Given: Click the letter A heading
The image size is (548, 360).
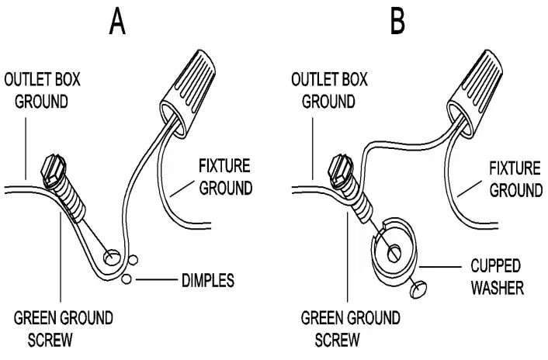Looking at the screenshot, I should [117, 23].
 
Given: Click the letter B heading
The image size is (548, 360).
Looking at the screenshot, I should [397, 23].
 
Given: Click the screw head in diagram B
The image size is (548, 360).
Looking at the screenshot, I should [342, 168].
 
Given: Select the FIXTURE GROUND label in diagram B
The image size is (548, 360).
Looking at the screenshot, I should [514, 178].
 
